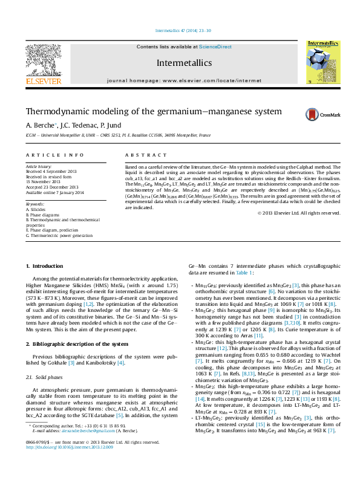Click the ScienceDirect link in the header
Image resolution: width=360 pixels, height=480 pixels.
point(215,47)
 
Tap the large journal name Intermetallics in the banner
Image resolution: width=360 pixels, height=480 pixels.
point(184,62)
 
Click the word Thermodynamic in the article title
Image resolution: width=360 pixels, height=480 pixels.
point(57,112)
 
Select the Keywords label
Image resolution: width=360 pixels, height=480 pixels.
point(34,204)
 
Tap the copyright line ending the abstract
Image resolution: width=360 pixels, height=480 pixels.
point(299,213)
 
